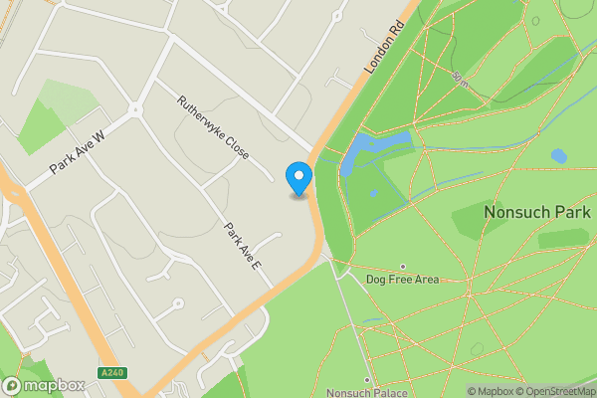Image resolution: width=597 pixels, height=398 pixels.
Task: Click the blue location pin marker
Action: pos(298,178)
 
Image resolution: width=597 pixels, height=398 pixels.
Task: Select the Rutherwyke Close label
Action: pos(213,128)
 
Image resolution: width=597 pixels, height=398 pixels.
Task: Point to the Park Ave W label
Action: pos(77,151)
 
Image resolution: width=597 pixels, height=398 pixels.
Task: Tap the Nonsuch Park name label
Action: pos(537,213)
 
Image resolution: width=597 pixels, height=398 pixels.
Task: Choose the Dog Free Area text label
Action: pos(402,280)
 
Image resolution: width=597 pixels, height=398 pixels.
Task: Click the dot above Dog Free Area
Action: pos(402,267)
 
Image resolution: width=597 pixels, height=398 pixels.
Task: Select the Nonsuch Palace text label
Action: pos(366,392)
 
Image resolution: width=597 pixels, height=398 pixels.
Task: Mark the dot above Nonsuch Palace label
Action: pos(366,380)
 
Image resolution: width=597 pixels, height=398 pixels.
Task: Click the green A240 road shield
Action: pos(112,373)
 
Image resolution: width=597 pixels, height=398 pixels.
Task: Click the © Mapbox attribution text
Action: pos(490,391)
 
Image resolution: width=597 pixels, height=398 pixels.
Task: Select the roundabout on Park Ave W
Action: pos(133,109)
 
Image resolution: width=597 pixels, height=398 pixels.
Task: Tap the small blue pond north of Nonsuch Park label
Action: pos(559,156)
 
